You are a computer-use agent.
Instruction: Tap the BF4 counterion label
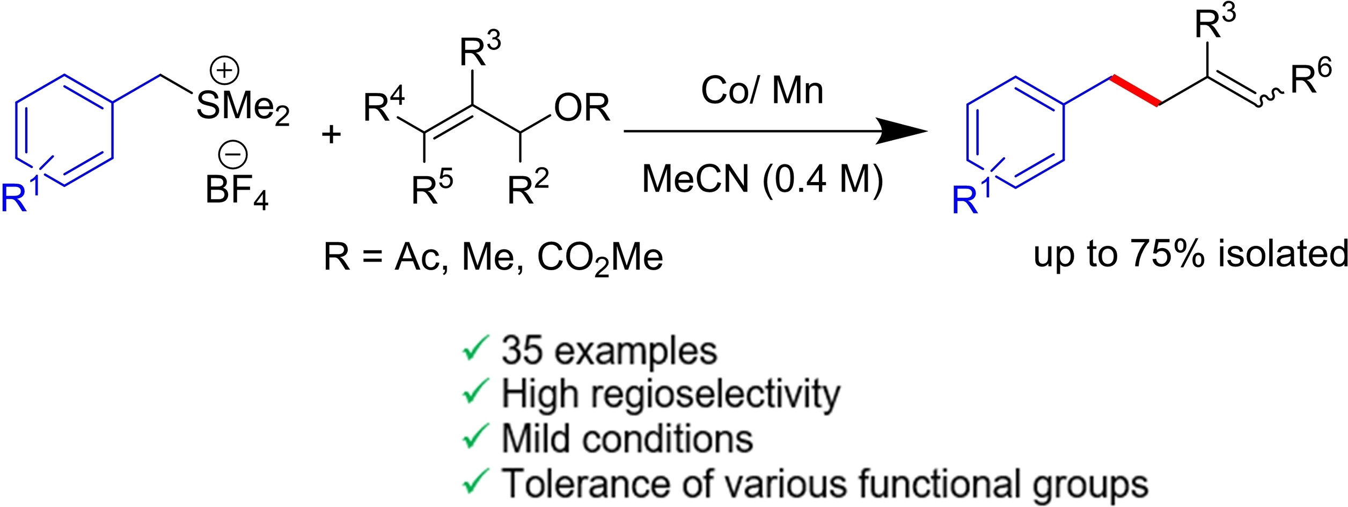coord(236,191)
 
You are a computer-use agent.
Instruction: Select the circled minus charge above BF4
coord(232,155)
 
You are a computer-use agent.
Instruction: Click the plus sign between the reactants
coord(331,134)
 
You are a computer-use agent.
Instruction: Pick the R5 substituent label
coord(432,189)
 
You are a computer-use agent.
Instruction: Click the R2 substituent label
coord(528,189)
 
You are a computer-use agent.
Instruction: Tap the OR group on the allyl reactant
coord(582,108)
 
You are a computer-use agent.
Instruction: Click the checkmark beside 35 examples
coord(475,350)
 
